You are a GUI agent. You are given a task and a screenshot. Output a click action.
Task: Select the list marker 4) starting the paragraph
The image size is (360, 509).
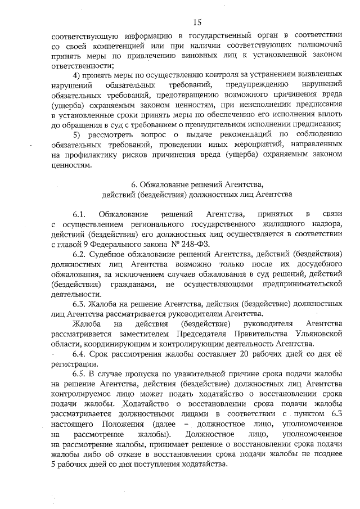79,75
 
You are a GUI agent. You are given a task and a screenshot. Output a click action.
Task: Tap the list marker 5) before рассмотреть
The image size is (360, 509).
79,133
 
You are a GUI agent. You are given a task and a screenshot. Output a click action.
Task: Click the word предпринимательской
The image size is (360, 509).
300,283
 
